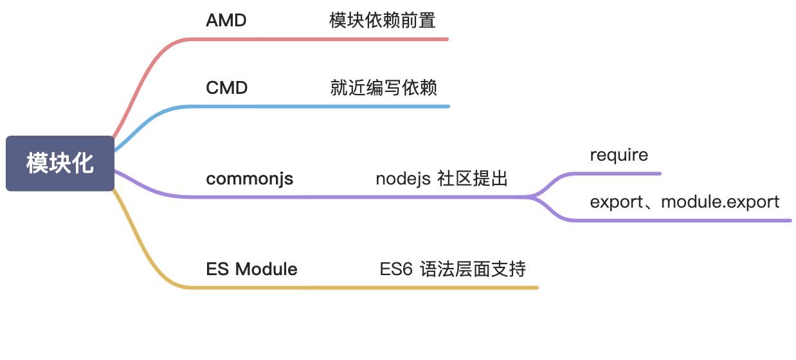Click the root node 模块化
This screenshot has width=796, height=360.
[x=60, y=163]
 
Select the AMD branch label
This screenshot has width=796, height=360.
[x=226, y=21]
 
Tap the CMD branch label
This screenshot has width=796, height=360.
[x=227, y=87]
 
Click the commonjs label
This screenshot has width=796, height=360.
[x=249, y=179]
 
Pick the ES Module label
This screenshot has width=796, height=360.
[x=251, y=269]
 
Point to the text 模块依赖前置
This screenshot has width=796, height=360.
[x=383, y=21]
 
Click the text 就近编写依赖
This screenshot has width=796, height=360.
[x=383, y=87]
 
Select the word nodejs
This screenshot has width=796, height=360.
[x=403, y=179]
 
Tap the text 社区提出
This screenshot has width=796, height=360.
[x=473, y=179]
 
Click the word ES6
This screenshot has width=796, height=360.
[x=396, y=269]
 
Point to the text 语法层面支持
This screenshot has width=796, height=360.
[x=473, y=269]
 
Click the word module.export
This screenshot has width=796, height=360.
[x=720, y=203]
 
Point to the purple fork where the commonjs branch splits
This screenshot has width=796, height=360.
[x=533, y=196]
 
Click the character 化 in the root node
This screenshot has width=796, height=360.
[x=82, y=163]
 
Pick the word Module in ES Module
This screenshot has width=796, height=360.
[x=266, y=269]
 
